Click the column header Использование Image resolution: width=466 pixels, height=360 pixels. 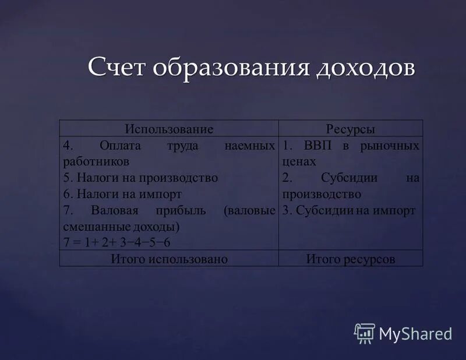click(169, 129)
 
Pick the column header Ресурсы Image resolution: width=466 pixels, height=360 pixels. click(351, 129)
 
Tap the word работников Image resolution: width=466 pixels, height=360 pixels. click(96, 161)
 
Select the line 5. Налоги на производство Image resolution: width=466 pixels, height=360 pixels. click(140, 178)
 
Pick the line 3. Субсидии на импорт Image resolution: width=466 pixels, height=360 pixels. click(348, 210)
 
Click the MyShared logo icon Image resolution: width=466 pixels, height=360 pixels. click(364, 333)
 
